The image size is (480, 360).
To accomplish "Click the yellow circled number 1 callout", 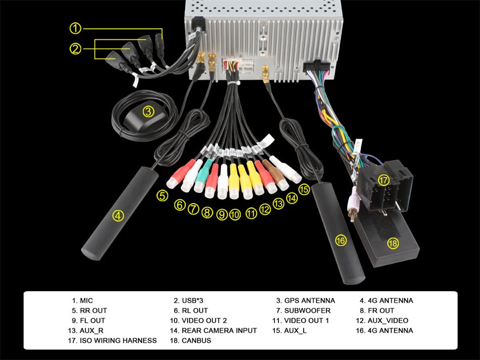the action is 75,28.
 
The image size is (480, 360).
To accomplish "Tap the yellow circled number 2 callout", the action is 75,49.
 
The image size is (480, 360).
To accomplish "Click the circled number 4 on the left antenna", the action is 118,216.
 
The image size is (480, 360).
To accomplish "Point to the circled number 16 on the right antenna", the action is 341,240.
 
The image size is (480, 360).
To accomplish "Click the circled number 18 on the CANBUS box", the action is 393,243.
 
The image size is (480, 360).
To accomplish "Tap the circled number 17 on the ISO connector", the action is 383,180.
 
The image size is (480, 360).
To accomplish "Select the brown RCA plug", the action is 275,175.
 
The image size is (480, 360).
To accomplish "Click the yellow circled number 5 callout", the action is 162,196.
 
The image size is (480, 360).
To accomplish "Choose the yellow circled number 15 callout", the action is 304,189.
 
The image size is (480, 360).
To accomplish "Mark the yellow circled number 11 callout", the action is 251,213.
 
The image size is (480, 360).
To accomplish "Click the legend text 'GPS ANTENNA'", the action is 310,300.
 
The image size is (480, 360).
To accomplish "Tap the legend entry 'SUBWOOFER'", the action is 307,310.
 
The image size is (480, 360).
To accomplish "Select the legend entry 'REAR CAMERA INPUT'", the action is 219,331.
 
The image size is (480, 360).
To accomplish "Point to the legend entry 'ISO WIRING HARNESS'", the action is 118,341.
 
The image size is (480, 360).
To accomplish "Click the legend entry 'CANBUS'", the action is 196,341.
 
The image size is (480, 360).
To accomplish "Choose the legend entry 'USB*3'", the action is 192,300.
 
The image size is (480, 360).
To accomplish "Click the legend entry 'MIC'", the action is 86,300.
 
